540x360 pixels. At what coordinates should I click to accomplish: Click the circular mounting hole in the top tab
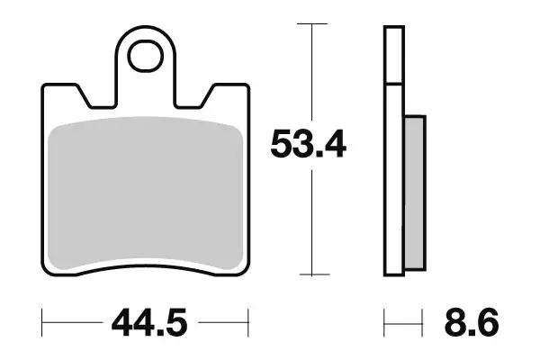[144, 57]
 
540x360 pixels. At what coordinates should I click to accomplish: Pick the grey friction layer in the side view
[413, 193]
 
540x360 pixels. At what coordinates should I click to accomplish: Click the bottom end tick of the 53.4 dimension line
[311, 274]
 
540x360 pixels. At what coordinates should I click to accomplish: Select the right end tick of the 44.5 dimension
[247, 319]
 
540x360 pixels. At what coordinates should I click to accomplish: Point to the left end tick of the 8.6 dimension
[385, 319]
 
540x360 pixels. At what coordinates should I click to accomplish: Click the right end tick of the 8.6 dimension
[422, 319]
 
